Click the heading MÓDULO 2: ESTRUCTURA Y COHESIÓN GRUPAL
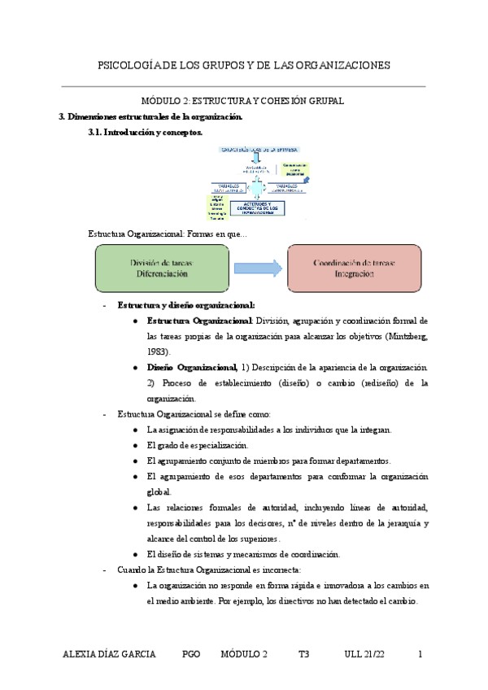point(243,101)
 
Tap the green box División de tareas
point(162,269)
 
